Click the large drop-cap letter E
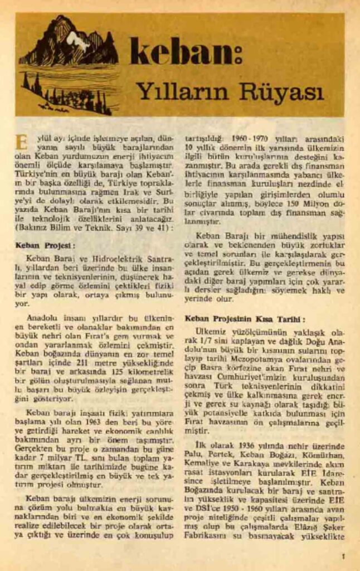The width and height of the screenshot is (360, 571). [x=22, y=142]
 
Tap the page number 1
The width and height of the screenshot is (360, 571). [x=343, y=556]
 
